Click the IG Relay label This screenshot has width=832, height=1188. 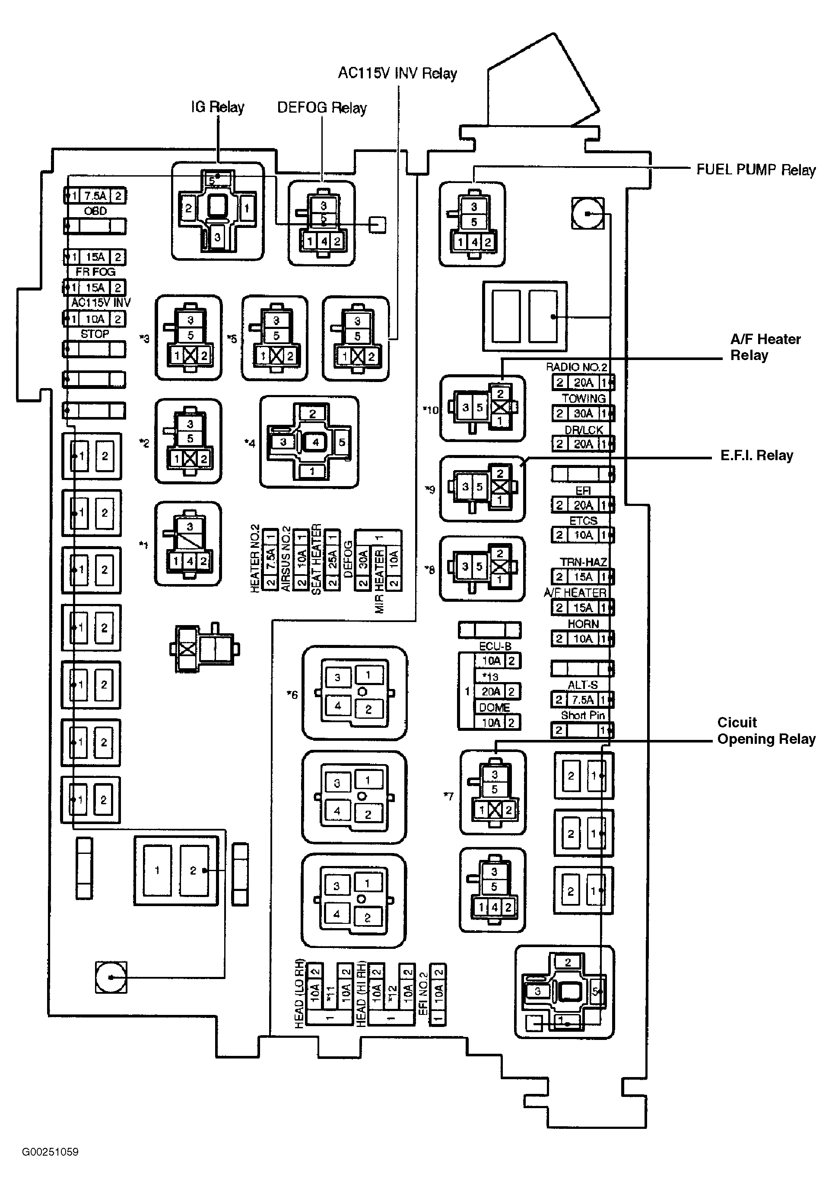tap(217, 107)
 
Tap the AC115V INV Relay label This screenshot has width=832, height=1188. tap(397, 73)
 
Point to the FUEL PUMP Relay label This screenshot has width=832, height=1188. tap(756, 170)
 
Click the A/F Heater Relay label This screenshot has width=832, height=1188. tap(765, 347)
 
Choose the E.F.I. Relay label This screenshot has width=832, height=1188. tap(756, 455)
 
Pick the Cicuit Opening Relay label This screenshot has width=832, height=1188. tap(766, 730)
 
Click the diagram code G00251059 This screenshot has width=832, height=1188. tap(50, 1152)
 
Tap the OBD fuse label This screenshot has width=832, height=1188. tap(95, 211)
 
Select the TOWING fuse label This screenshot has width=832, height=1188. tap(584, 398)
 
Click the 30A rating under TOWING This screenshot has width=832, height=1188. tap(583, 414)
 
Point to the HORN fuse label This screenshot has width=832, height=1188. tap(583, 624)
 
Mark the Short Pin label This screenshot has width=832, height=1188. tap(582, 716)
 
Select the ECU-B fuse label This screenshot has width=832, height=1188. tap(495, 646)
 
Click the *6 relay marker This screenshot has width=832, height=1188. tap(292, 695)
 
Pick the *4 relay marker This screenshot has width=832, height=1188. tap(250, 443)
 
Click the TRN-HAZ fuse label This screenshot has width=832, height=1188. tap(583, 562)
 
